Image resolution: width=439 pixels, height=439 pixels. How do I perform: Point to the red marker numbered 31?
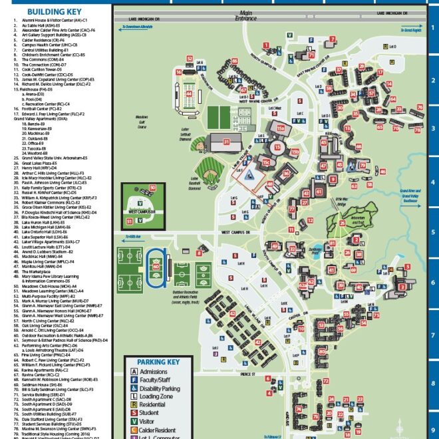pyautogui.click(x=227, y=141)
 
